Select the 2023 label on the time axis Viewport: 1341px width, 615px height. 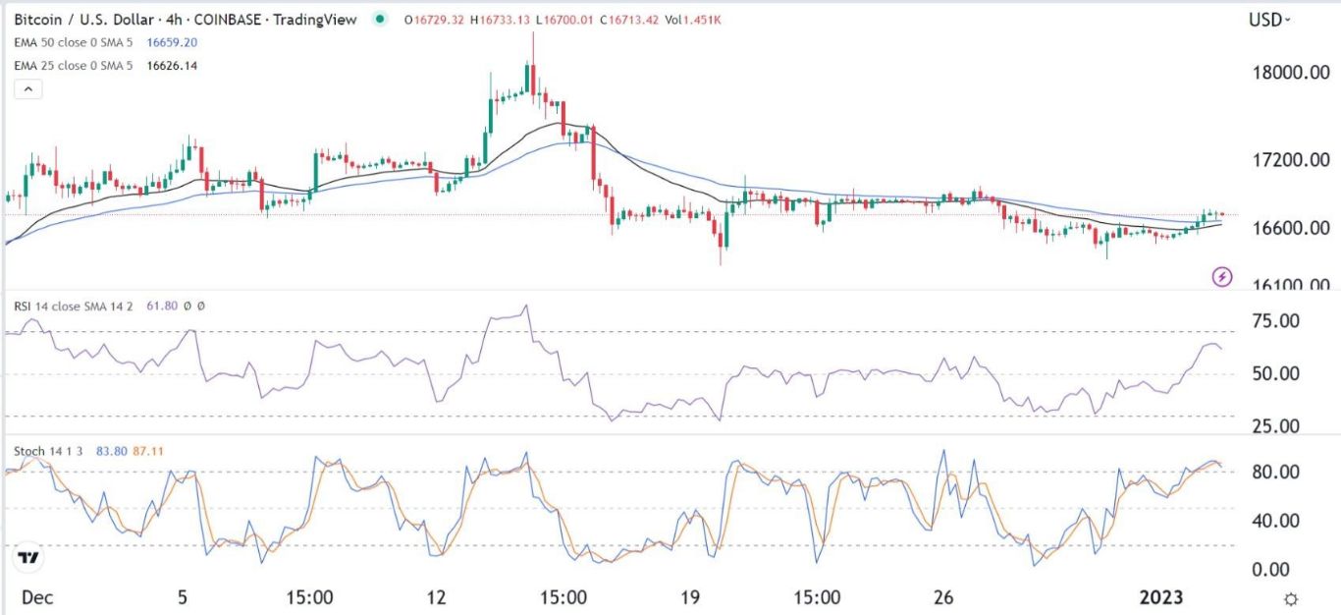pos(1161,596)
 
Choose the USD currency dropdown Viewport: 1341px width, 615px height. pos(1269,19)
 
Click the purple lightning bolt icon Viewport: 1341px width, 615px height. pos(1222,276)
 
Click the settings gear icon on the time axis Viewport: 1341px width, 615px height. pos(1293,598)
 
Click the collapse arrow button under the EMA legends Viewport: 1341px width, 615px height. pos(28,89)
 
